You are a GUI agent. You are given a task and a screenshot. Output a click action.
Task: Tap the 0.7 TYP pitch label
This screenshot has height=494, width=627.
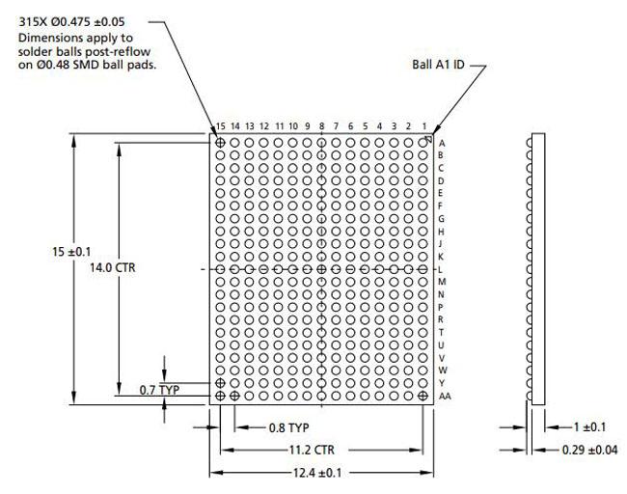click(159, 390)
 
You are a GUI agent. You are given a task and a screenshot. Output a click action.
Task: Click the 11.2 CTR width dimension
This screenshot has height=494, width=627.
click(318, 450)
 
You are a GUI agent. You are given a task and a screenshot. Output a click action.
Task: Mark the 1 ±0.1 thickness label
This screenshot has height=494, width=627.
click(589, 426)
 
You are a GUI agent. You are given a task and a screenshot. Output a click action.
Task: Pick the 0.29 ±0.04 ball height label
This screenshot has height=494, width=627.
click(594, 450)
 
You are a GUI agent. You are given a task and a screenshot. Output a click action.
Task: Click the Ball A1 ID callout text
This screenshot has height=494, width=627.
click(439, 67)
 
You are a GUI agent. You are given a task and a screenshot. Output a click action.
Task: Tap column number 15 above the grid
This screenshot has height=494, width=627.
click(221, 126)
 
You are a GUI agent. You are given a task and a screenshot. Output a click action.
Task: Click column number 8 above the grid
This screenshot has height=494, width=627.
click(321, 126)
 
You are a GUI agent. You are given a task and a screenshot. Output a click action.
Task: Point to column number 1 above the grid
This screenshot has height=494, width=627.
click(423, 126)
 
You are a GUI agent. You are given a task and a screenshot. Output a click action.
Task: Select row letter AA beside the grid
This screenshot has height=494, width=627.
click(444, 396)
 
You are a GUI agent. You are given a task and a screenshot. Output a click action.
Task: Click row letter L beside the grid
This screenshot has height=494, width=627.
click(441, 269)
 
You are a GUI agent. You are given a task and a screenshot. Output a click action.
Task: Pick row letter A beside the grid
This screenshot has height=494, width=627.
click(441, 142)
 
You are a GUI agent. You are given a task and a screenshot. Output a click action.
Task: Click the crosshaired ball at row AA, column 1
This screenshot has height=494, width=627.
click(423, 396)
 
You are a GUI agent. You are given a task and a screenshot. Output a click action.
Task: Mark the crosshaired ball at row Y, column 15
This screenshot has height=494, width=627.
click(221, 383)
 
